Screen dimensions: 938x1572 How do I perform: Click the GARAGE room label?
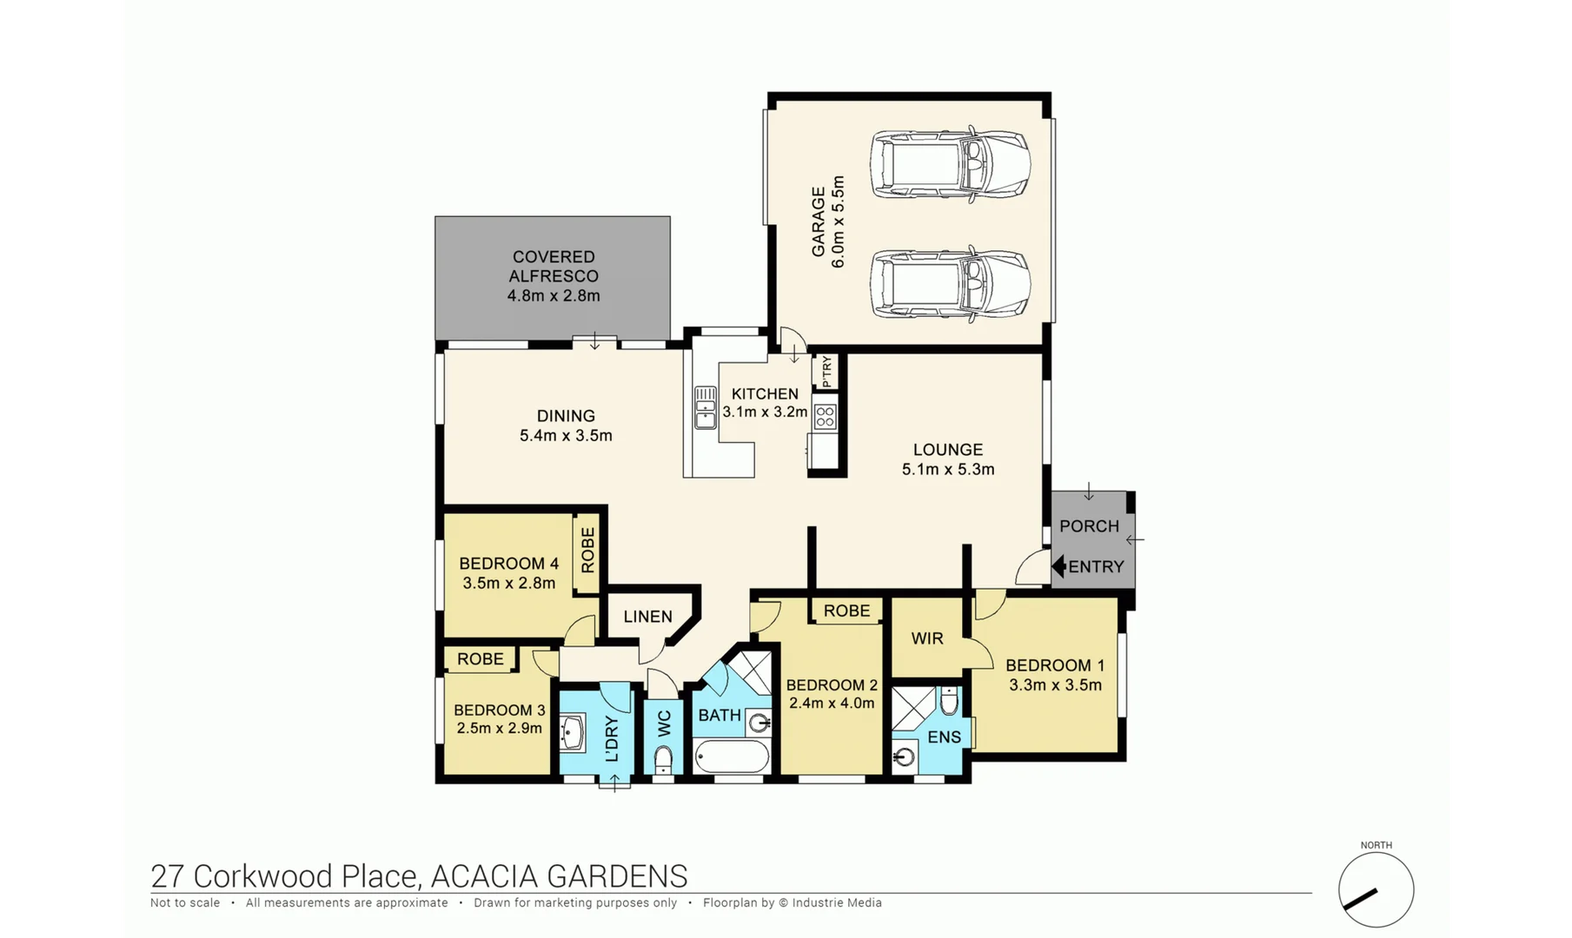tap(819, 222)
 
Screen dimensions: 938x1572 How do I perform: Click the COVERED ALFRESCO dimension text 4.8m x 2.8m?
tap(554, 295)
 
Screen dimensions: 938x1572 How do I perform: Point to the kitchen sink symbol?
tap(705, 408)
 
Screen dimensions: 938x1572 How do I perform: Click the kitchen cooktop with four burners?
tap(825, 417)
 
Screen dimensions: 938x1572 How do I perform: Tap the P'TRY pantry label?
tap(826, 372)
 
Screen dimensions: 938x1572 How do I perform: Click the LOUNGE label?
tap(947, 450)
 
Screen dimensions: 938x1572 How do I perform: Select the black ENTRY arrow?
tap(1058, 566)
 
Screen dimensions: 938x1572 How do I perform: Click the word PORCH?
tap(1089, 526)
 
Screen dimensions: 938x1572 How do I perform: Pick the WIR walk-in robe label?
tap(927, 638)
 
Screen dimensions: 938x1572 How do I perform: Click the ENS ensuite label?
tap(944, 737)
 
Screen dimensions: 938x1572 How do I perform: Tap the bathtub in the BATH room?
tap(732, 756)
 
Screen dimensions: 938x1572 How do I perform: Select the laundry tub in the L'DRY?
tap(574, 732)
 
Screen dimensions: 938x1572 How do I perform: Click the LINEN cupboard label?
tap(647, 617)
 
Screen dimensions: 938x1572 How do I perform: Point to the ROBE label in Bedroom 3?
tap(480, 659)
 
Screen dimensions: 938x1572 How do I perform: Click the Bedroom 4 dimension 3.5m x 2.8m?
tap(508, 583)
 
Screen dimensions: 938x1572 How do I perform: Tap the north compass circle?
tap(1376, 890)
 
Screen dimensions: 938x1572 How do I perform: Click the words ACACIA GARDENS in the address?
tap(559, 876)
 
